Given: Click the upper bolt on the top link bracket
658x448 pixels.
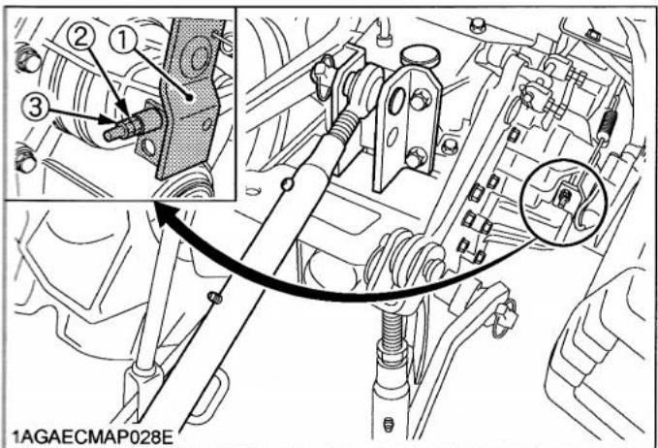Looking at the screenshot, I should click(x=419, y=101).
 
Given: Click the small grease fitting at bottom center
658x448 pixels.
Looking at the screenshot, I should click(x=389, y=424).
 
